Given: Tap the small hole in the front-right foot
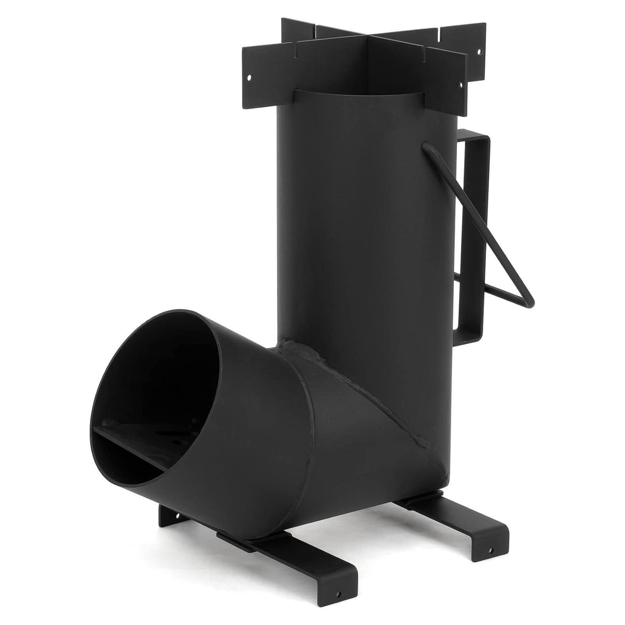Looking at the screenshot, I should point(490,549).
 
